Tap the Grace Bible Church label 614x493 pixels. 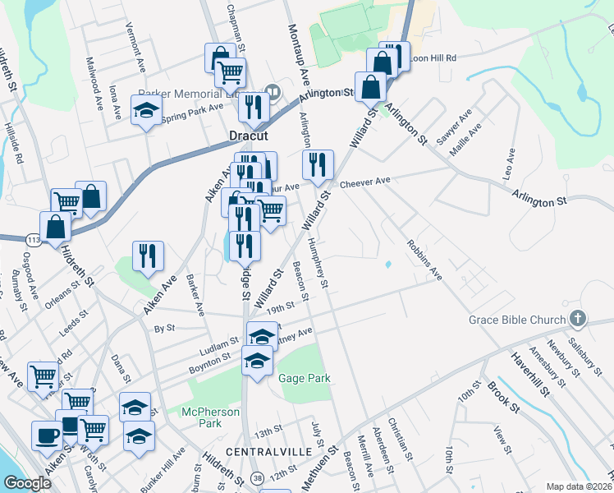pyautogui.click(x=517, y=320)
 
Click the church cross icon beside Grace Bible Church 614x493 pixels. pyautogui.click(x=578, y=319)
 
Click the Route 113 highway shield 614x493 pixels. pyautogui.click(x=33, y=239)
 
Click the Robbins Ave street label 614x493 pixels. pyautogui.click(x=424, y=260)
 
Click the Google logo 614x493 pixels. pyautogui.click(x=27, y=483)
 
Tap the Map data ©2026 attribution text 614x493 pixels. pyautogui.click(x=580, y=486)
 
